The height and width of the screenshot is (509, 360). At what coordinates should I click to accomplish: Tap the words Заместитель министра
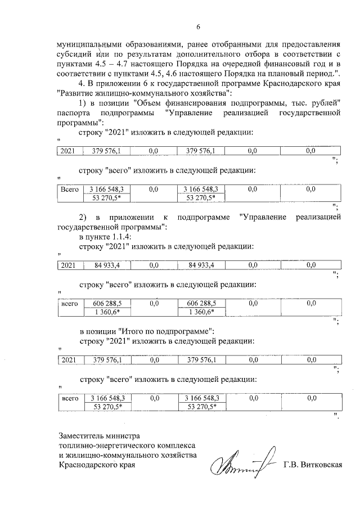tap(99, 435)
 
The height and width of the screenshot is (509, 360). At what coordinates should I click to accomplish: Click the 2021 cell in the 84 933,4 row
tap(68, 264)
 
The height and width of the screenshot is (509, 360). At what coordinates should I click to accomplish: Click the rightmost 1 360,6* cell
tap(201, 311)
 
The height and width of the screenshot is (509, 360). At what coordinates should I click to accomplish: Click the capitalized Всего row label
tap(69, 190)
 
